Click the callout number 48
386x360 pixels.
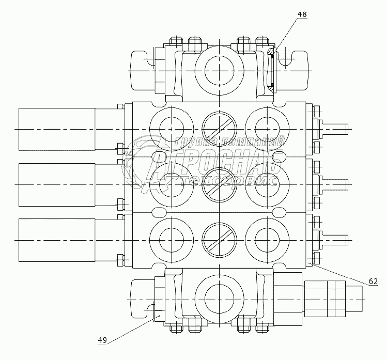coord(302,14)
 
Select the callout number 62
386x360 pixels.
coord(373,281)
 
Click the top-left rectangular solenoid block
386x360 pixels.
coord(56,129)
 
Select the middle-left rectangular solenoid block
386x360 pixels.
coord(56,184)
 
